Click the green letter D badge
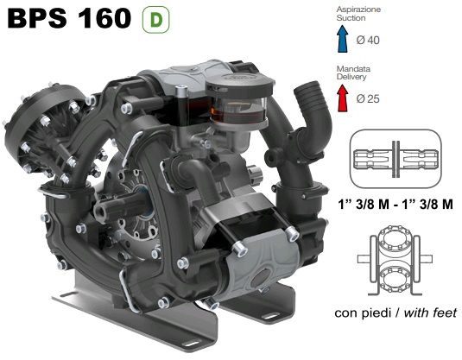click(x=155, y=20)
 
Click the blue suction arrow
click(x=342, y=39)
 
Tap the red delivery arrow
click(x=342, y=98)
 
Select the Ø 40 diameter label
click(x=368, y=40)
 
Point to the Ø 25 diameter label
click(x=368, y=98)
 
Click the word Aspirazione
click(x=358, y=9)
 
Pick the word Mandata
click(x=353, y=69)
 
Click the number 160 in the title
click(x=104, y=18)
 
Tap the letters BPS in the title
click(x=37, y=18)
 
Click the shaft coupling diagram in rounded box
click(x=396, y=159)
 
